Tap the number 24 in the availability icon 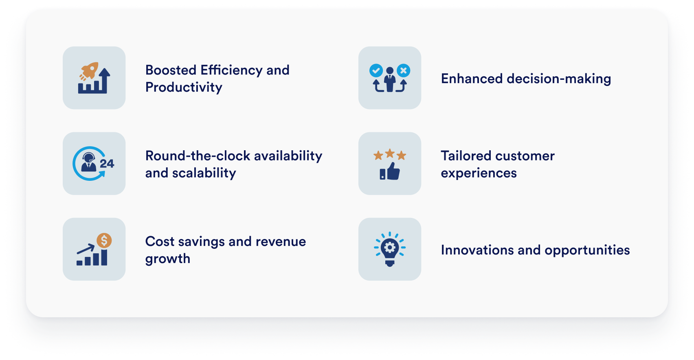107,164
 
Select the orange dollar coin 104,240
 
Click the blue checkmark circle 376,70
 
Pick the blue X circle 403,70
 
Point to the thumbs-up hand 390,171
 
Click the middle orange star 390,153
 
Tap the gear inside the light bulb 390,247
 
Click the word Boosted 171,70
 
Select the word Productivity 184,88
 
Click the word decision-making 559,79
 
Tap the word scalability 204,173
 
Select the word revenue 280,242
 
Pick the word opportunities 587,250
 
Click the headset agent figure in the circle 89,162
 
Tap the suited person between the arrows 390,79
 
